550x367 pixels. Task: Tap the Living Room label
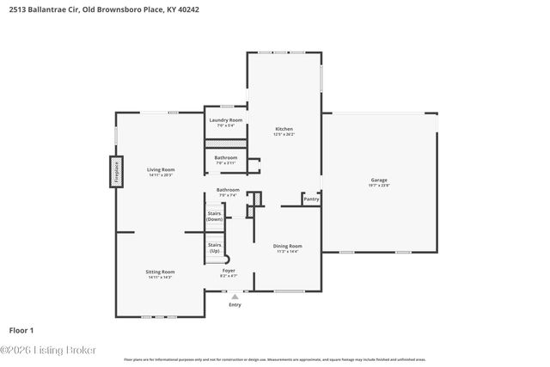coord(161,170)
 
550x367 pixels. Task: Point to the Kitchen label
coord(284,129)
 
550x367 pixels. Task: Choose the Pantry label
coord(311,199)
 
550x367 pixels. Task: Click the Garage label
coord(379,180)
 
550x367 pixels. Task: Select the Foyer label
coord(229,272)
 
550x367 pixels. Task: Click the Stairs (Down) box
coord(215,217)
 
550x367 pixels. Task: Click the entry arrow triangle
coord(235,297)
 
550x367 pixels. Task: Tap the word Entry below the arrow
coord(235,305)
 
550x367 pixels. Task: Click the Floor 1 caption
coord(21,330)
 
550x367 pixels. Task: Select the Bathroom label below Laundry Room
coord(226,158)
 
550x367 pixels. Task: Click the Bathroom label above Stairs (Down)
coord(228,190)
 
